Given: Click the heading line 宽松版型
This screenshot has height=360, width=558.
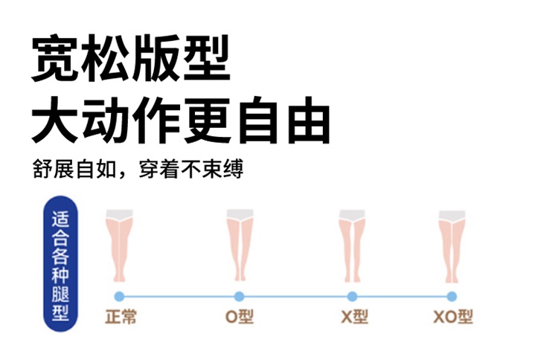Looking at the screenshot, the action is click(x=131, y=59).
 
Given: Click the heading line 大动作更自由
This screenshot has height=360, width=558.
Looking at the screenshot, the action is click(x=180, y=119).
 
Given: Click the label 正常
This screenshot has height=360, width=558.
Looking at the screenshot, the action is click(x=121, y=316).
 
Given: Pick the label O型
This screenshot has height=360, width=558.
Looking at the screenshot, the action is click(x=240, y=316).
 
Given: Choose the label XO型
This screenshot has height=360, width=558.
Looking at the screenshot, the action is click(x=452, y=316).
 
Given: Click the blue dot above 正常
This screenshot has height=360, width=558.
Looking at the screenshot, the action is click(x=119, y=296).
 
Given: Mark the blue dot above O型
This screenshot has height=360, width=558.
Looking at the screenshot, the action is click(x=239, y=296).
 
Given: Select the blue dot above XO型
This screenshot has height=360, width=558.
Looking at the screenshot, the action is click(x=452, y=296).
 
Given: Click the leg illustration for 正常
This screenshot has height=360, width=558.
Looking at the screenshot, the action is click(x=119, y=245).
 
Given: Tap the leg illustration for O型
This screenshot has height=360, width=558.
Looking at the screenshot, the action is click(x=239, y=245).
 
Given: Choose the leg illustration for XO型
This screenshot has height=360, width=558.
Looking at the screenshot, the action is click(x=452, y=245).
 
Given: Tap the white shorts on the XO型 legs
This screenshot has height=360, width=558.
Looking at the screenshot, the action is click(x=452, y=216).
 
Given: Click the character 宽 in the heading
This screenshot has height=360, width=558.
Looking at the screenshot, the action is click(x=56, y=59).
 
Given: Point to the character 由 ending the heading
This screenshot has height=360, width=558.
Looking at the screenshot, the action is click(x=304, y=119).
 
